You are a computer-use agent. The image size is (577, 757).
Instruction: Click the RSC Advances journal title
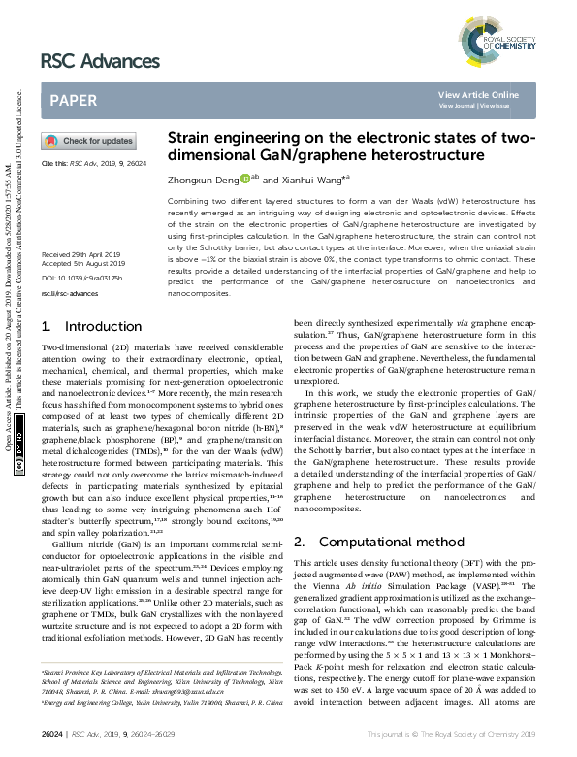click(x=100, y=62)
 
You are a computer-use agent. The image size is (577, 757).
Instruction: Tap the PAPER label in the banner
click(x=72, y=99)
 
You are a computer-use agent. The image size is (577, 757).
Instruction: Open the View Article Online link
click(x=478, y=94)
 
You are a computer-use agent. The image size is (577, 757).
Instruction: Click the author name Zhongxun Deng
click(x=203, y=180)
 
